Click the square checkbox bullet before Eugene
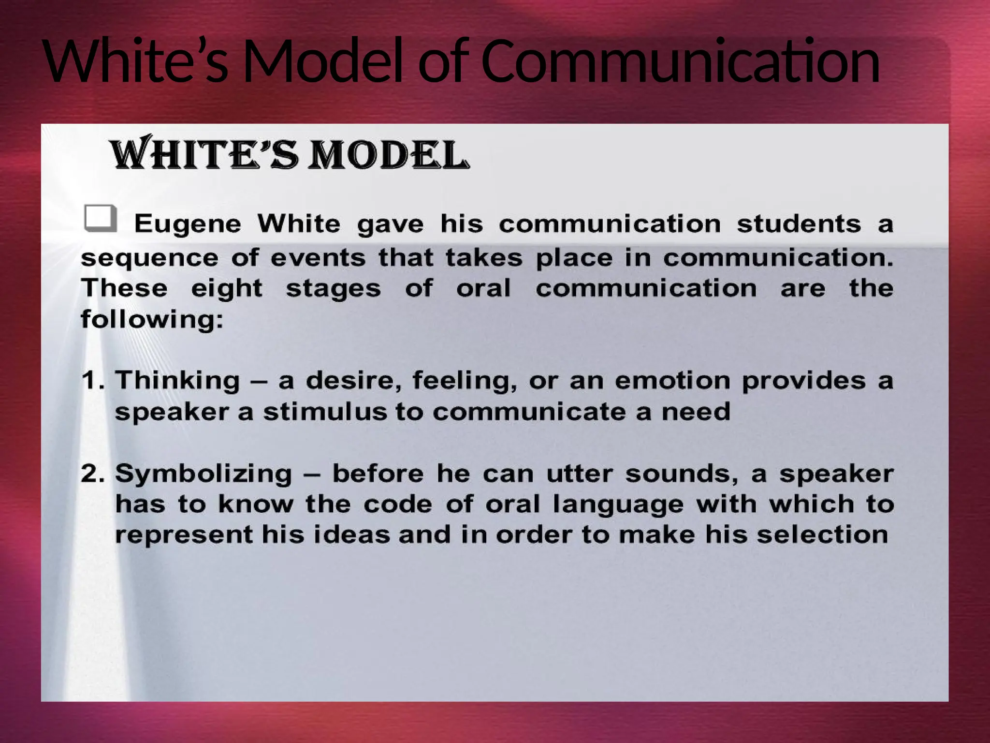[x=100, y=218]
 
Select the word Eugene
[x=187, y=224]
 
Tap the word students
[x=799, y=223]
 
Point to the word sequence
[x=149, y=258]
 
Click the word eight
[x=227, y=289]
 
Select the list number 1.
[x=92, y=380]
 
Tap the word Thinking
[x=177, y=381]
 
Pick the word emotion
[x=672, y=381]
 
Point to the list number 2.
[x=92, y=473]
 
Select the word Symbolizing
[x=204, y=474]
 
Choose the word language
[x=618, y=505]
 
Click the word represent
[x=184, y=535]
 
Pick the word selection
[x=822, y=535]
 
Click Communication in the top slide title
[x=680, y=61]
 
